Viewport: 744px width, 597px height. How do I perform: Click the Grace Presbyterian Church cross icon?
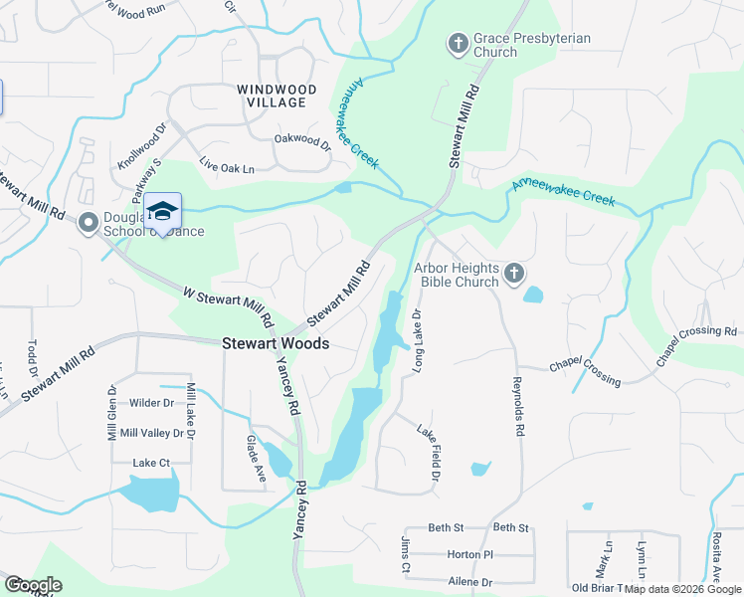tap(458, 44)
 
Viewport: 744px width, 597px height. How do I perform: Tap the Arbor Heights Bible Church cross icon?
tap(513, 274)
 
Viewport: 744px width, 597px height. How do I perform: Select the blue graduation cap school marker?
tap(162, 211)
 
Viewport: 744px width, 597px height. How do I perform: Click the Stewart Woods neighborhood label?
tap(276, 342)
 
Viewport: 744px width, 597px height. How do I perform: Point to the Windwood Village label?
tap(277, 90)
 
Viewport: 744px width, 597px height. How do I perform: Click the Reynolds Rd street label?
tap(517, 405)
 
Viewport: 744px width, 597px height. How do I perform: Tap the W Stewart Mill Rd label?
tap(228, 307)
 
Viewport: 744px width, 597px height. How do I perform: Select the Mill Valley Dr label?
tap(151, 433)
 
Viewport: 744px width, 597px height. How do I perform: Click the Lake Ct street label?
tap(151, 463)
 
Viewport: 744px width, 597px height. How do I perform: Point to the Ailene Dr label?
tap(469, 581)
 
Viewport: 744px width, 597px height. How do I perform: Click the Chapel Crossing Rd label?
tap(696, 345)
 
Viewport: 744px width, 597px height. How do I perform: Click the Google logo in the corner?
tap(33, 585)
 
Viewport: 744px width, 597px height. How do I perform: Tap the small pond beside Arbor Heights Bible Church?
tap(533, 295)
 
